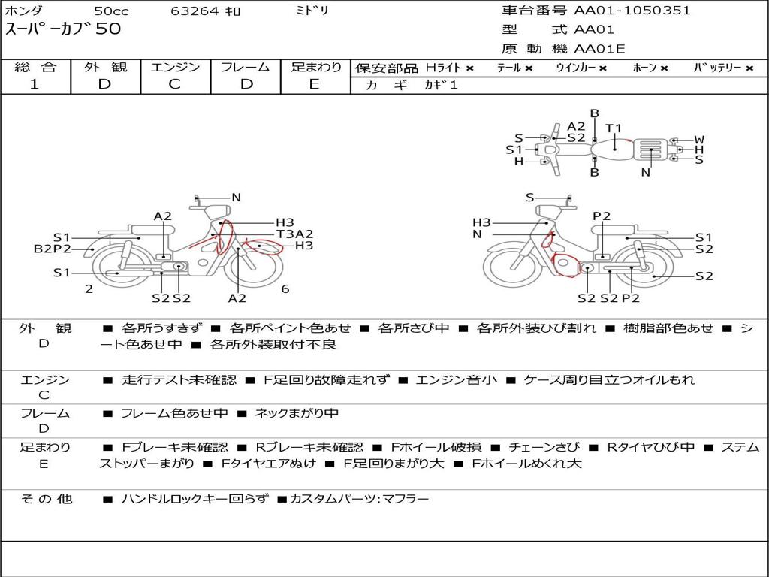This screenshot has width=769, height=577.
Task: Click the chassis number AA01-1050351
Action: pyautogui.click(x=632, y=10)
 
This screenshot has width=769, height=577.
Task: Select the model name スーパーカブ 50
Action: pyautogui.click(x=63, y=29)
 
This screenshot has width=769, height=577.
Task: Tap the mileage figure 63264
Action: pyautogui.click(x=195, y=11)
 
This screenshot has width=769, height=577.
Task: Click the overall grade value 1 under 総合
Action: pyautogui.click(x=35, y=84)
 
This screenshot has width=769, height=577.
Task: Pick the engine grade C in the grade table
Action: pyautogui.click(x=174, y=84)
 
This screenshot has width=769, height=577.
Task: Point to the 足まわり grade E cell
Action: pyautogui.click(x=315, y=84)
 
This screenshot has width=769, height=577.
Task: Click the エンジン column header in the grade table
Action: pyautogui.click(x=175, y=67)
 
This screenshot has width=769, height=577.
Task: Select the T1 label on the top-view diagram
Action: pyautogui.click(x=614, y=128)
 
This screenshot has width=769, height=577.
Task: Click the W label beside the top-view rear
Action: pyautogui.click(x=699, y=140)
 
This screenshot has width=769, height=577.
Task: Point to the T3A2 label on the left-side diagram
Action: pyautogui.click(x=294, y=234)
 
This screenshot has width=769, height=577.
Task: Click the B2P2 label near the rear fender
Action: pyautogui.click(x=53, y=249)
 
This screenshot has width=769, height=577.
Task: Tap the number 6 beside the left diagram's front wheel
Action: pyautogui.click(x=285, y=289)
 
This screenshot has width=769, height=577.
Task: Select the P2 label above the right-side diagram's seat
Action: pyautogui.click(x=602, y=216)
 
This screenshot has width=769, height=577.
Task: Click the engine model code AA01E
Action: pyautogui.click(x=599, y=49)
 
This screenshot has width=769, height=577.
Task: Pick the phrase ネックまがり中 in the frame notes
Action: pyautogui.click(x=297, y=414)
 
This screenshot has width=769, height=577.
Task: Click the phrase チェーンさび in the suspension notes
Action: pyautogui.click(x=544, y=447)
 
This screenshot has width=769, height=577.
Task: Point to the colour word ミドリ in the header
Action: pyautogui.click(x=312, y=11)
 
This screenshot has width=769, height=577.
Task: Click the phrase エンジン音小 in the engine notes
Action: pyautogui.click(x=456, y=379)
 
